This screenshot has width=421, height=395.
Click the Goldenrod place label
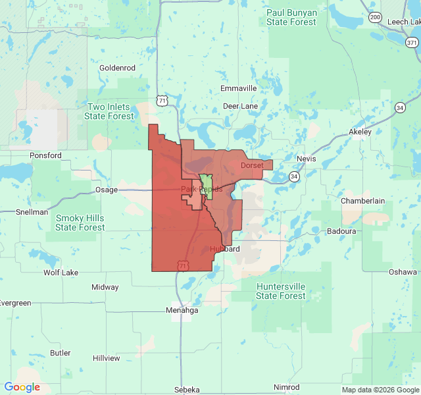pos(116,68)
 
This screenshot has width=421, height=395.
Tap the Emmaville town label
pos(239,88)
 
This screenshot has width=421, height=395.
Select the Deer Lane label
pos(240,105)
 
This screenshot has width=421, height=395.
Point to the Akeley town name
pos(360,132)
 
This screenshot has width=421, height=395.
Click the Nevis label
pos(306,159)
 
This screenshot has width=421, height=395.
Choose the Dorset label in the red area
pos(252,165)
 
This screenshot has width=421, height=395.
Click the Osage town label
pos(106,190)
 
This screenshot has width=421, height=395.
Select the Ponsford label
pos(45,155)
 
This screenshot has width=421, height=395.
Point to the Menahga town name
pos(182,311)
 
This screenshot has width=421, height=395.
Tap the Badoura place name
pos(342,231)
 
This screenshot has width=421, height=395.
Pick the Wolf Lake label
pos(61,272)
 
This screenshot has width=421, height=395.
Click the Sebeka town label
pos(187,390)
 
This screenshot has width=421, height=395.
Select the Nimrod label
pos(286,387)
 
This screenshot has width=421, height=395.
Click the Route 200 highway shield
pos(375,17)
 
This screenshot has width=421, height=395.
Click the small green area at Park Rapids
pos(206,182)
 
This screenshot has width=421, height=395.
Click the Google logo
pos(22,387)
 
